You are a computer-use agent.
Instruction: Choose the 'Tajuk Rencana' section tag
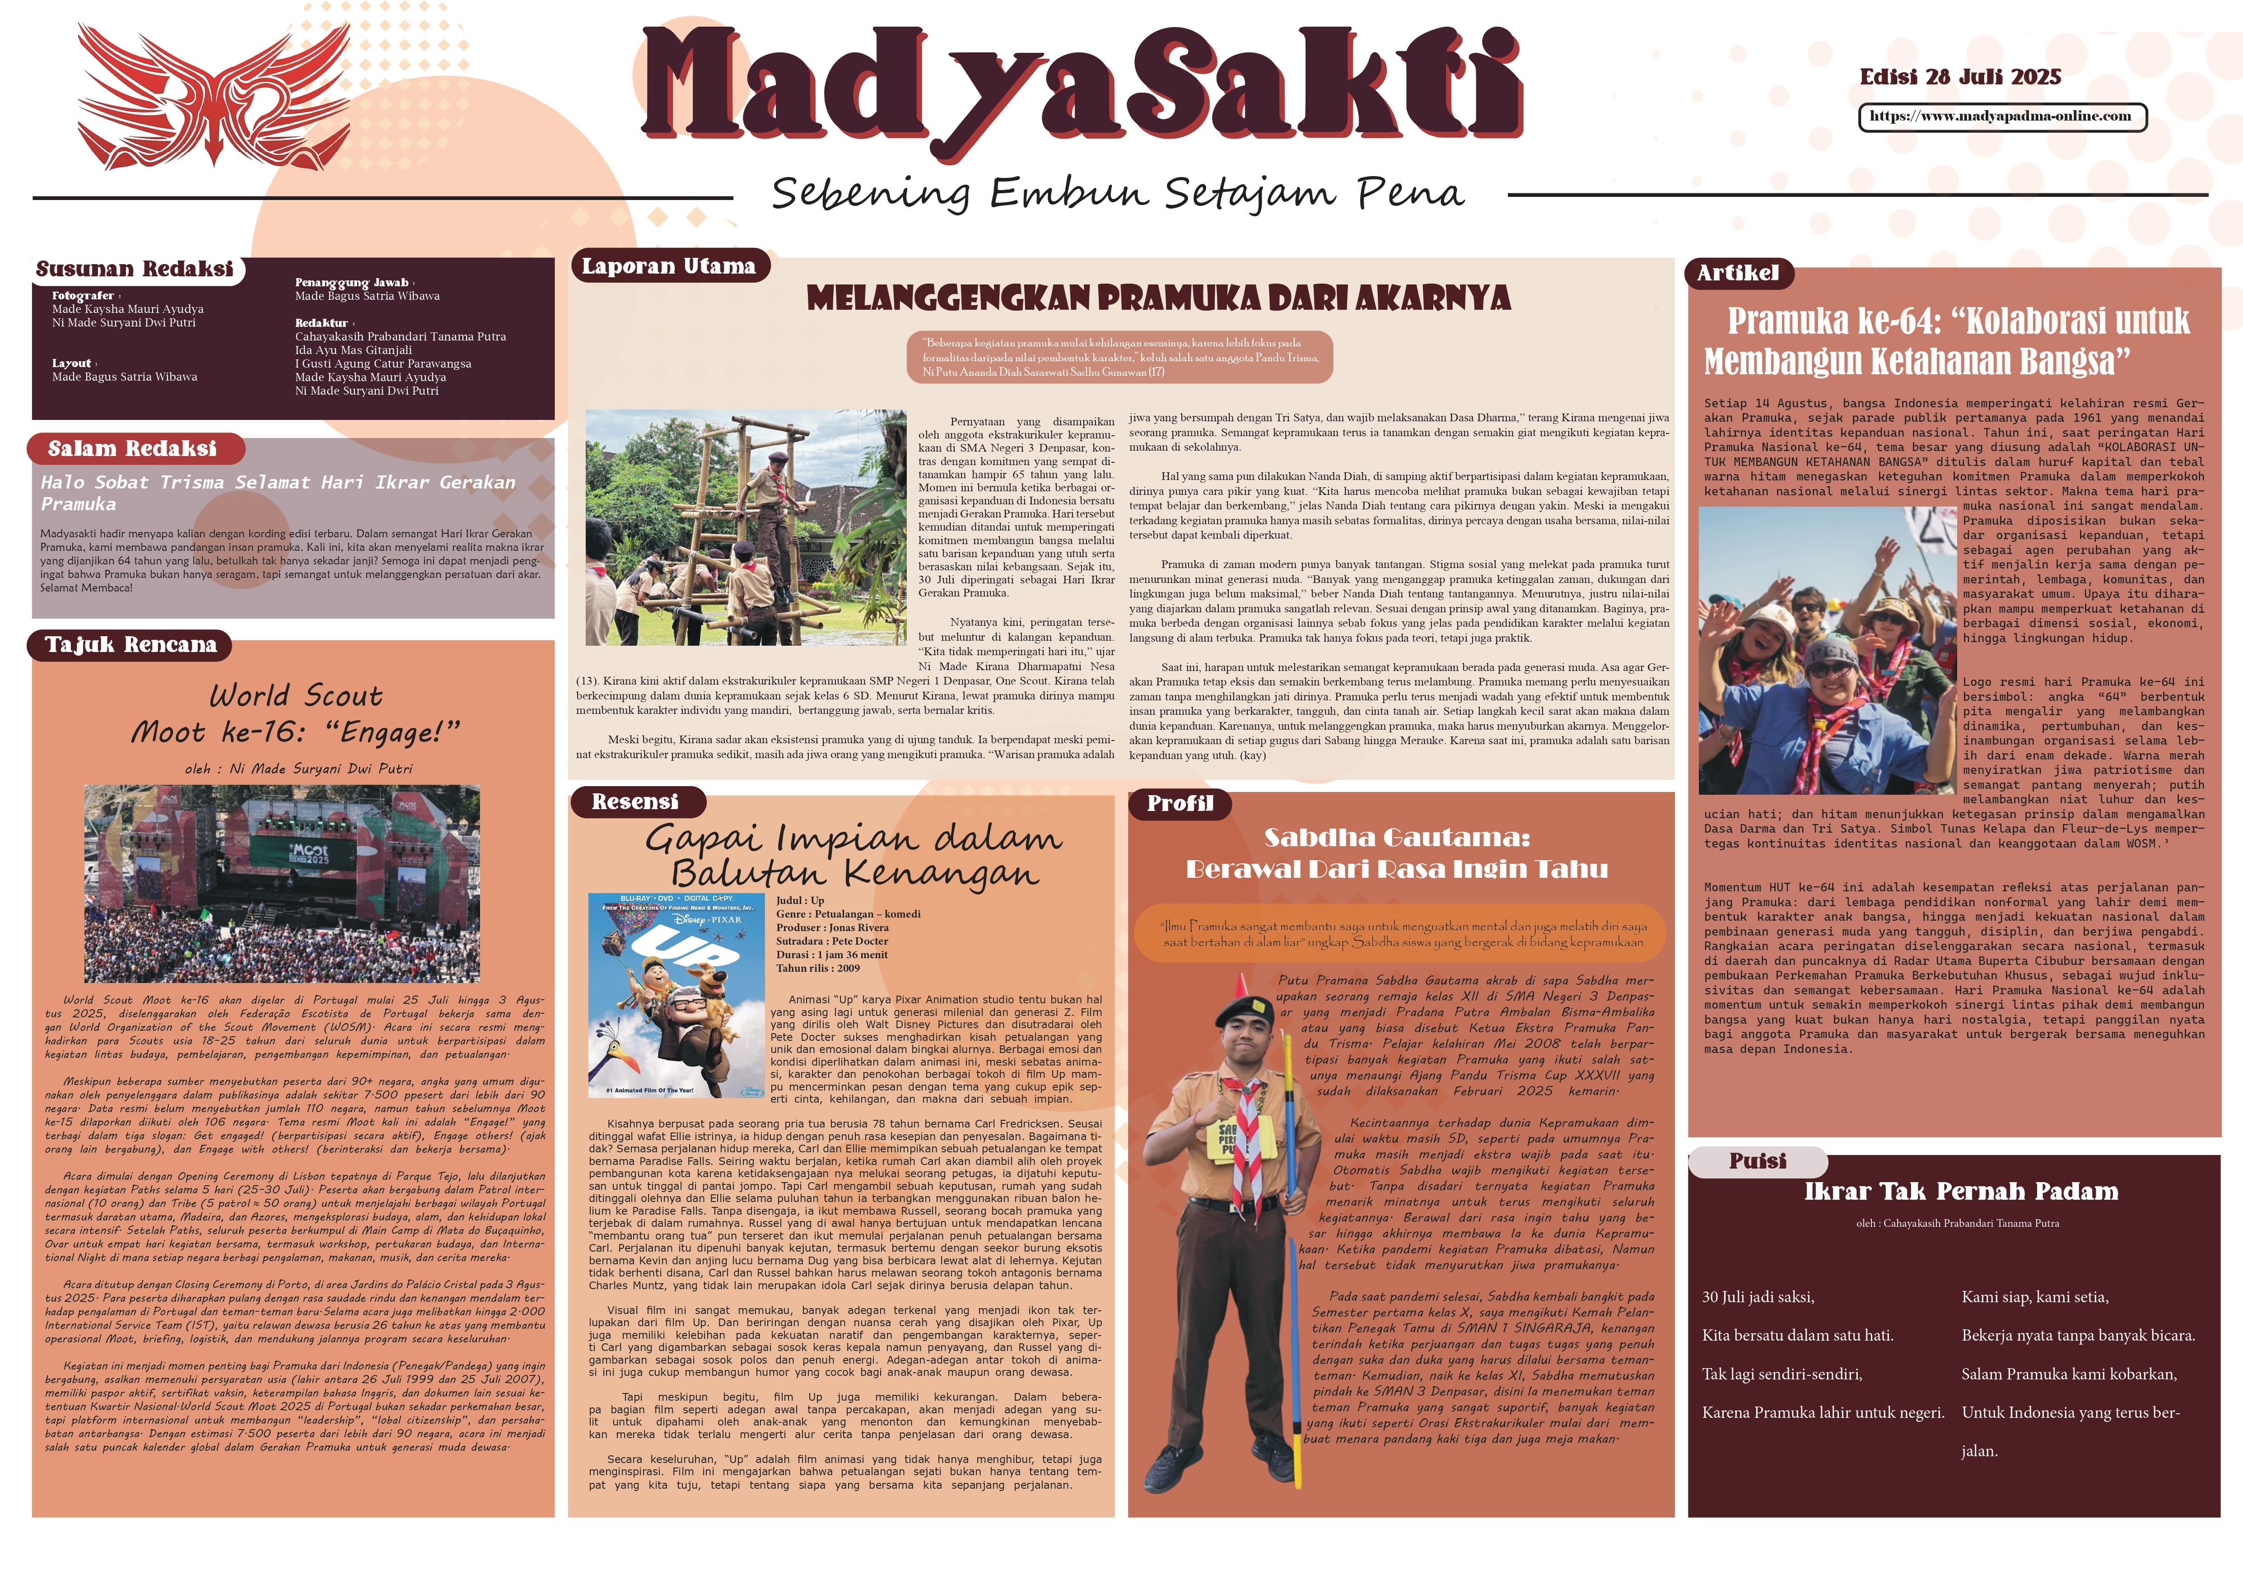tap(131, 644)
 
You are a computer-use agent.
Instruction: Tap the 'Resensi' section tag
tap(635, 802)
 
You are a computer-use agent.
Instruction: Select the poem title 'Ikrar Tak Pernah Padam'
tap(1961, 1192)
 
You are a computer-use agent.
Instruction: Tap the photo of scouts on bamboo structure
tap(746, 527)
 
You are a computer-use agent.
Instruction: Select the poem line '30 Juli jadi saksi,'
tap(1758, 1297)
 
